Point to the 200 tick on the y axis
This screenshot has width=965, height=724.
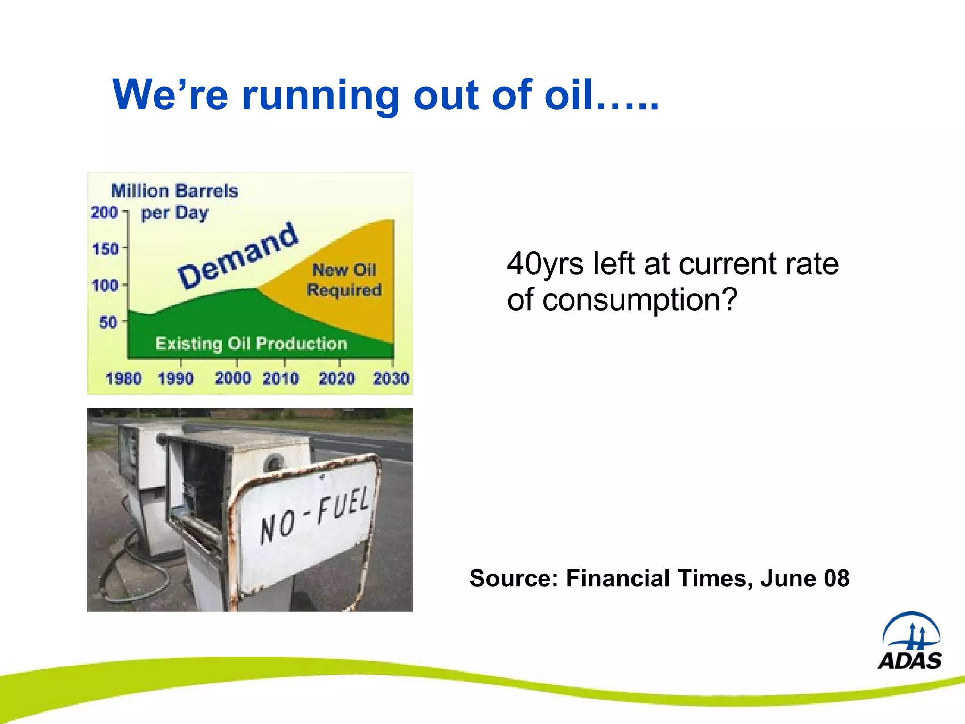pyautogui.click(x=105, y=212)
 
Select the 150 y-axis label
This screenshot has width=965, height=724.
pyautogui.click(x=105, y=249)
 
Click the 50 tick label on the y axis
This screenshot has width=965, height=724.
pyautogui.click(x=108, y=322)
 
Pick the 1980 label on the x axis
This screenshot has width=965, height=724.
pyautogui.click(x=123, y=378)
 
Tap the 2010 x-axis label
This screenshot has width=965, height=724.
pyautogui.click(x=280, y=378)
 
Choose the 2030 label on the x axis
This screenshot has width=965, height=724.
pyautogui.click(x=391, y=378)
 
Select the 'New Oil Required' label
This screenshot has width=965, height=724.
pyautogui.click(x=344, y=280)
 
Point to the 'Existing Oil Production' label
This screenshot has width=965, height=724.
pyautogui.click(x=251, y=344)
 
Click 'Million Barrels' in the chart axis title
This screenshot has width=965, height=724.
pyautogui.click(x=174, y=191)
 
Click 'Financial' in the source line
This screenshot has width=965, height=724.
pyautogui.click(x=618, y=578)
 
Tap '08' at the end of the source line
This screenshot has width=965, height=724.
pyautogui.click(x=836, y=578)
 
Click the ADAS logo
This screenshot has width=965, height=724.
pyautogui.click(x=910, y=642)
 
